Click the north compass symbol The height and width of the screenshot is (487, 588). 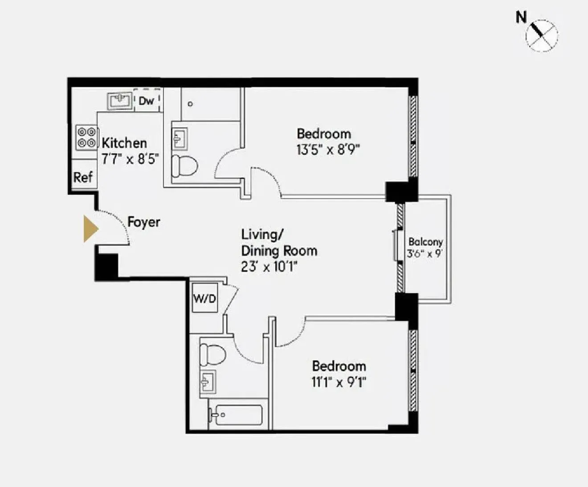pyautogui.click(x=541, y=35)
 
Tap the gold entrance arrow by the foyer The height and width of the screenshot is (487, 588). pyautogui.click(x=90, y=229)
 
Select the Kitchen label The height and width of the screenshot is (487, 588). pyautogui.click(x=124, y=143)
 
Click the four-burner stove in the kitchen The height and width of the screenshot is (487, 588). pyautogui.click(x=86, y=137)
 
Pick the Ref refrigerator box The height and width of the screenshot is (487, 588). pyautogui.click(x=83, y=177)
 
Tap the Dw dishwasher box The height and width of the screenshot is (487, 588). pyautogui.click(x=146, y=101)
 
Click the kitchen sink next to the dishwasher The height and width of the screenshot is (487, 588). pyautogui.click(x=120, y=101)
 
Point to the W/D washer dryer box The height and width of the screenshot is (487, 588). pyautogui.click(x=204, y=299)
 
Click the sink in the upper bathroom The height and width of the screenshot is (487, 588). pyautogui.click(x=180, y=139)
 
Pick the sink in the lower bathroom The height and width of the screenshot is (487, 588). pyautogui.click(x=208, y=381)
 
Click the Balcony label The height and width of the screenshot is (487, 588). pyautogui.click(x=425, y=242)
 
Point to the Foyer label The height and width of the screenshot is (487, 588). pyautogui.click(x=143, y=222)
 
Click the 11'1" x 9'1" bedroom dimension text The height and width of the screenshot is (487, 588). pyautogui.click(x=339, y=382)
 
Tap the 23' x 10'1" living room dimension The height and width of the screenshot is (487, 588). pyautogui.click(x=269, y=267)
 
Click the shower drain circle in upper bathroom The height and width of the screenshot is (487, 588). pyautogui.click(x=190, y=104)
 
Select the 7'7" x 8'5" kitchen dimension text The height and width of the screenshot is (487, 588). pyautogui.click(x=130, y=159)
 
